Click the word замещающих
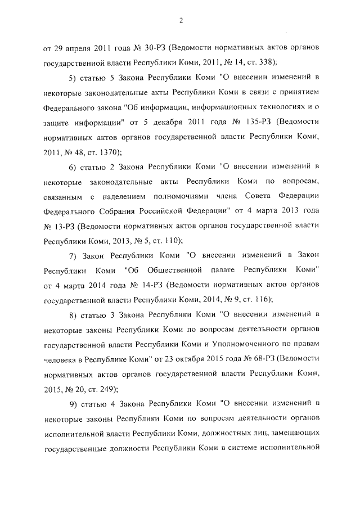click(297, 434)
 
